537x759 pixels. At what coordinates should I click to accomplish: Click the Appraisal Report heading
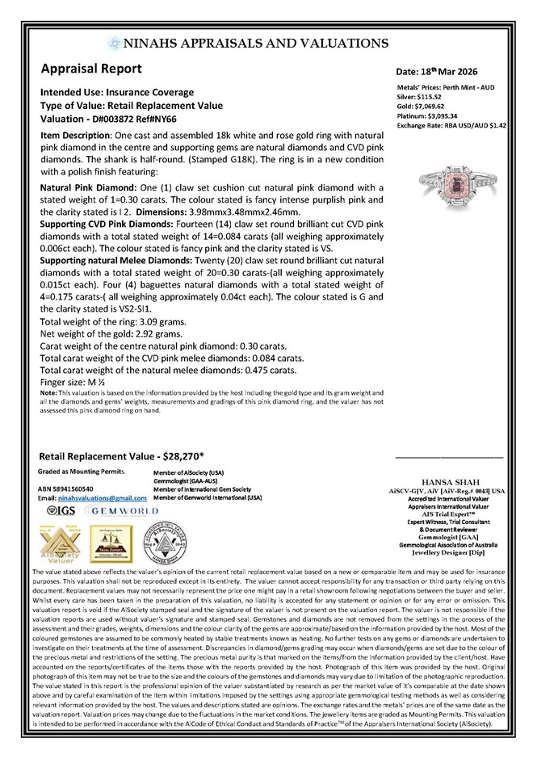coord(92,69)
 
